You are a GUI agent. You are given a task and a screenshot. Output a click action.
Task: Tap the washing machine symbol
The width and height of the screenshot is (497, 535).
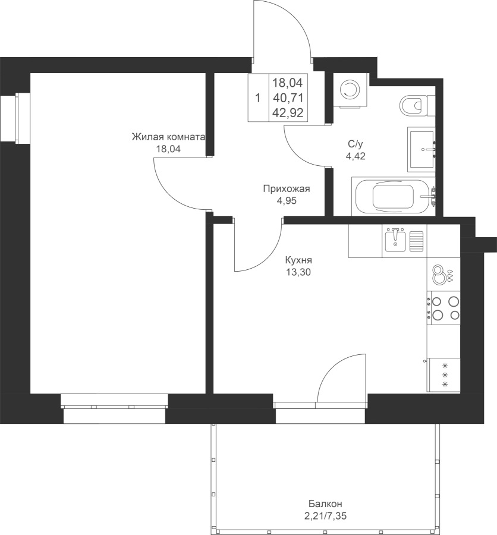point(351,90)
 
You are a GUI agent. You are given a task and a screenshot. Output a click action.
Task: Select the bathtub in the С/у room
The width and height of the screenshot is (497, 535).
point(393,196)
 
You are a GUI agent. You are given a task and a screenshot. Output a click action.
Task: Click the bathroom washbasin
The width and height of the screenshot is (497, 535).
point(421,149)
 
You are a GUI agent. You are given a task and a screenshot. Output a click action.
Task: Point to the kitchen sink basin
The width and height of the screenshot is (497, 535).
point(395,241)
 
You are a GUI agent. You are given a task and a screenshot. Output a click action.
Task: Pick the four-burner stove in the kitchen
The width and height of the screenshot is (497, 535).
point(443,308)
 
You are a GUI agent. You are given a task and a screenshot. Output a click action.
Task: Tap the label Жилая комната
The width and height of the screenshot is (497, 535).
point(169,137)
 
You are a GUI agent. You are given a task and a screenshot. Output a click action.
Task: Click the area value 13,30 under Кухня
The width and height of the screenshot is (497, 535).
point(298,272)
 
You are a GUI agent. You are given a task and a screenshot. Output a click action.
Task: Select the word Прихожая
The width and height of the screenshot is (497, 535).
point(287,188)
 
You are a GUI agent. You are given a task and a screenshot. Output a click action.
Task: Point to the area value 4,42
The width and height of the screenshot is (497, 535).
point(356,156)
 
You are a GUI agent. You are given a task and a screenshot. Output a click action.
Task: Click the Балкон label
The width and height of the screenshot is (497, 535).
point(325,503)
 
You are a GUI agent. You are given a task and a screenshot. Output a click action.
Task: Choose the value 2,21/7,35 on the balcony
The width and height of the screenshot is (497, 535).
point(325,516)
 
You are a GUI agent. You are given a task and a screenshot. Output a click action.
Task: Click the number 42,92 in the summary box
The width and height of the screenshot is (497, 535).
point(288,112)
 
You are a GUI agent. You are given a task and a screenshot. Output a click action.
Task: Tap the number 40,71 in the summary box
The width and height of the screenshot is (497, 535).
point(288,98)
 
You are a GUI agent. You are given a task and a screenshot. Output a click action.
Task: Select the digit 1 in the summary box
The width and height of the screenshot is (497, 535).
point(258,98)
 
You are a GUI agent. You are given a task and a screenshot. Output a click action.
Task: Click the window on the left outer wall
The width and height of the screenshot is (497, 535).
point(15,118)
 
